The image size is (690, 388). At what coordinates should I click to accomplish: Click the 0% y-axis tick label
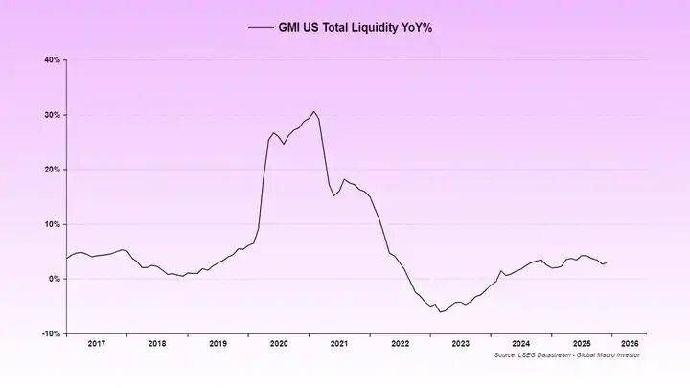tap(55, 279)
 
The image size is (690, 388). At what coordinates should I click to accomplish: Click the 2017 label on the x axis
tap(96, 342)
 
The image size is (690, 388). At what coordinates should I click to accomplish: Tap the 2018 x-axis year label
tap(157, 342)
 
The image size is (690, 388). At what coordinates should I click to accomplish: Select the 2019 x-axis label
tap(218, 342)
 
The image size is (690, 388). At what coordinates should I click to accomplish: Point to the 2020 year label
tap(279, 342)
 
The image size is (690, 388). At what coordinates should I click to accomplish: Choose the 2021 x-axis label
tap(339, 342)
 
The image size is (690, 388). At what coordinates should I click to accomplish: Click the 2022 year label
tap(401, 342)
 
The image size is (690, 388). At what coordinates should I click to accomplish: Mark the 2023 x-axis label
tap(461, 342)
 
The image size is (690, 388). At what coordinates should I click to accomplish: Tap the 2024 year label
tap(521, 342)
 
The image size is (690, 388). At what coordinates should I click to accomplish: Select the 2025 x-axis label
tap(582, 342)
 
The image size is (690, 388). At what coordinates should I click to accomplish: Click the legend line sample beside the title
tap(260, 28)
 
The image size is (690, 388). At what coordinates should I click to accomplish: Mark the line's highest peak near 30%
tap(313, 112)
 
